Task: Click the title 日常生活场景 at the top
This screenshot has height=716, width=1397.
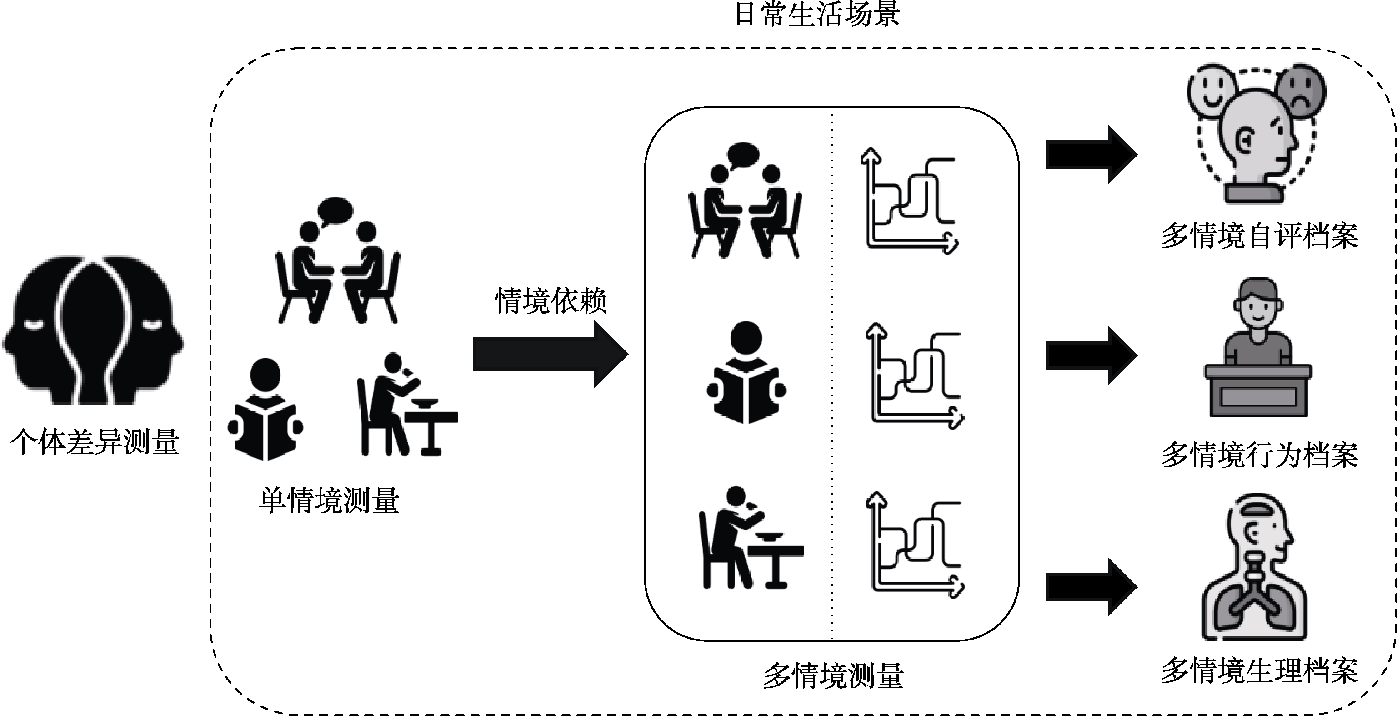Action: pos(817,14)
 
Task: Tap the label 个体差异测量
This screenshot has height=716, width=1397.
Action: pos(95,442)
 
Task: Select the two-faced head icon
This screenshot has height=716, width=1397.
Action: pos(93,331)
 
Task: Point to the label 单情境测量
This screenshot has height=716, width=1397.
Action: pos(329,500)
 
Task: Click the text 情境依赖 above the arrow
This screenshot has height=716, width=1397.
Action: pos(550,301)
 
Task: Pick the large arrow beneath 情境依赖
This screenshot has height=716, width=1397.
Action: pos(550,355)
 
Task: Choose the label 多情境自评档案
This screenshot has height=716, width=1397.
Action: pos(1259,236)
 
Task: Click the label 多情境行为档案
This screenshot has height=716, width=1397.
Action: pos(1259,455)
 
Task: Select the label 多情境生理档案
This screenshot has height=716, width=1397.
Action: pos(1259,671)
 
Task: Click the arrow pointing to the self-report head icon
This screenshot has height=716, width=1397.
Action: pos(1090,155)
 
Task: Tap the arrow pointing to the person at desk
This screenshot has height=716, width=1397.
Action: pos(1090,355)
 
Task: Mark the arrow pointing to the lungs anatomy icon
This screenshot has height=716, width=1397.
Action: pos(1090,587)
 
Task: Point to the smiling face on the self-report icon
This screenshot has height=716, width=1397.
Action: pos(1212,90)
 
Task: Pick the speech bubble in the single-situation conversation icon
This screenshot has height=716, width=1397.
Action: pos(335,210)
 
